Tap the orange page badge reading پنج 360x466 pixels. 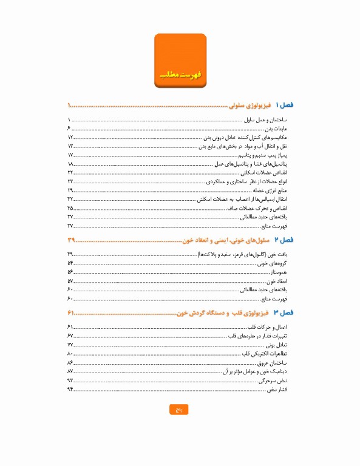pos(179,410)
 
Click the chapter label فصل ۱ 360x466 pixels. pos(284,105)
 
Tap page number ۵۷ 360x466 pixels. pos(70,282)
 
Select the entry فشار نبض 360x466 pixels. pos(281,389)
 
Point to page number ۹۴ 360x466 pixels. pos(70,389)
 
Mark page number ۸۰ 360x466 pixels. pos(70,353)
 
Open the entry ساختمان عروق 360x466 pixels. pos(276,362)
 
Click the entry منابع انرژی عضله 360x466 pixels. pos(270,191)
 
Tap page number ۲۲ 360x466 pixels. pos(70,173)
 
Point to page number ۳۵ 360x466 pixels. pos(70,208)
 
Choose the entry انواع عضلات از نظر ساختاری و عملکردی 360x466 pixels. pos(247,181)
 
